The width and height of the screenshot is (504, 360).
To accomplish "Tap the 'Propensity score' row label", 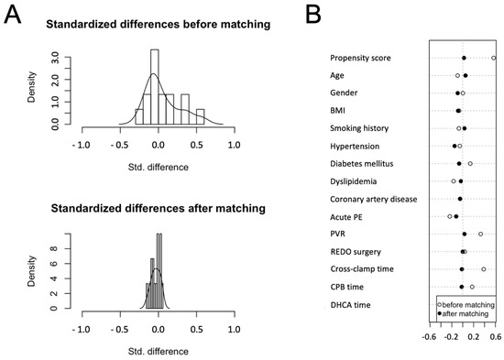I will click(361, 59).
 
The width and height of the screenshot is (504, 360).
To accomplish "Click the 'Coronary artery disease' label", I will click(373, 199).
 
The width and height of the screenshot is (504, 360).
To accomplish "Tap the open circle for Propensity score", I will click(494, 59).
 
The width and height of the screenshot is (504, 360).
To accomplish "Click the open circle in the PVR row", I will click(480, 234).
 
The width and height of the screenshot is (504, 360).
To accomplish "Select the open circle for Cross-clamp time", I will click(484, 269).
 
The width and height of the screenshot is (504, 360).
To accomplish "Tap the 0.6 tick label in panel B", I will click(495, 336).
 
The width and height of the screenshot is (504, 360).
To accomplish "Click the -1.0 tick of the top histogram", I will click(82, 146).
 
